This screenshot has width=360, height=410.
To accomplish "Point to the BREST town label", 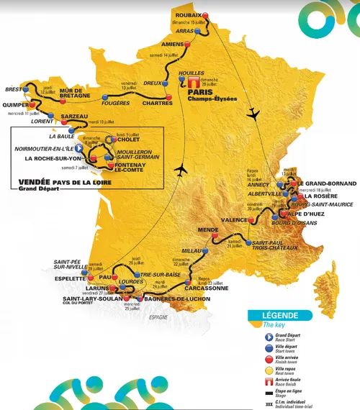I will point(15,90).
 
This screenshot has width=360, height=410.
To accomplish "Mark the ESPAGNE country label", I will point(157,317).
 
